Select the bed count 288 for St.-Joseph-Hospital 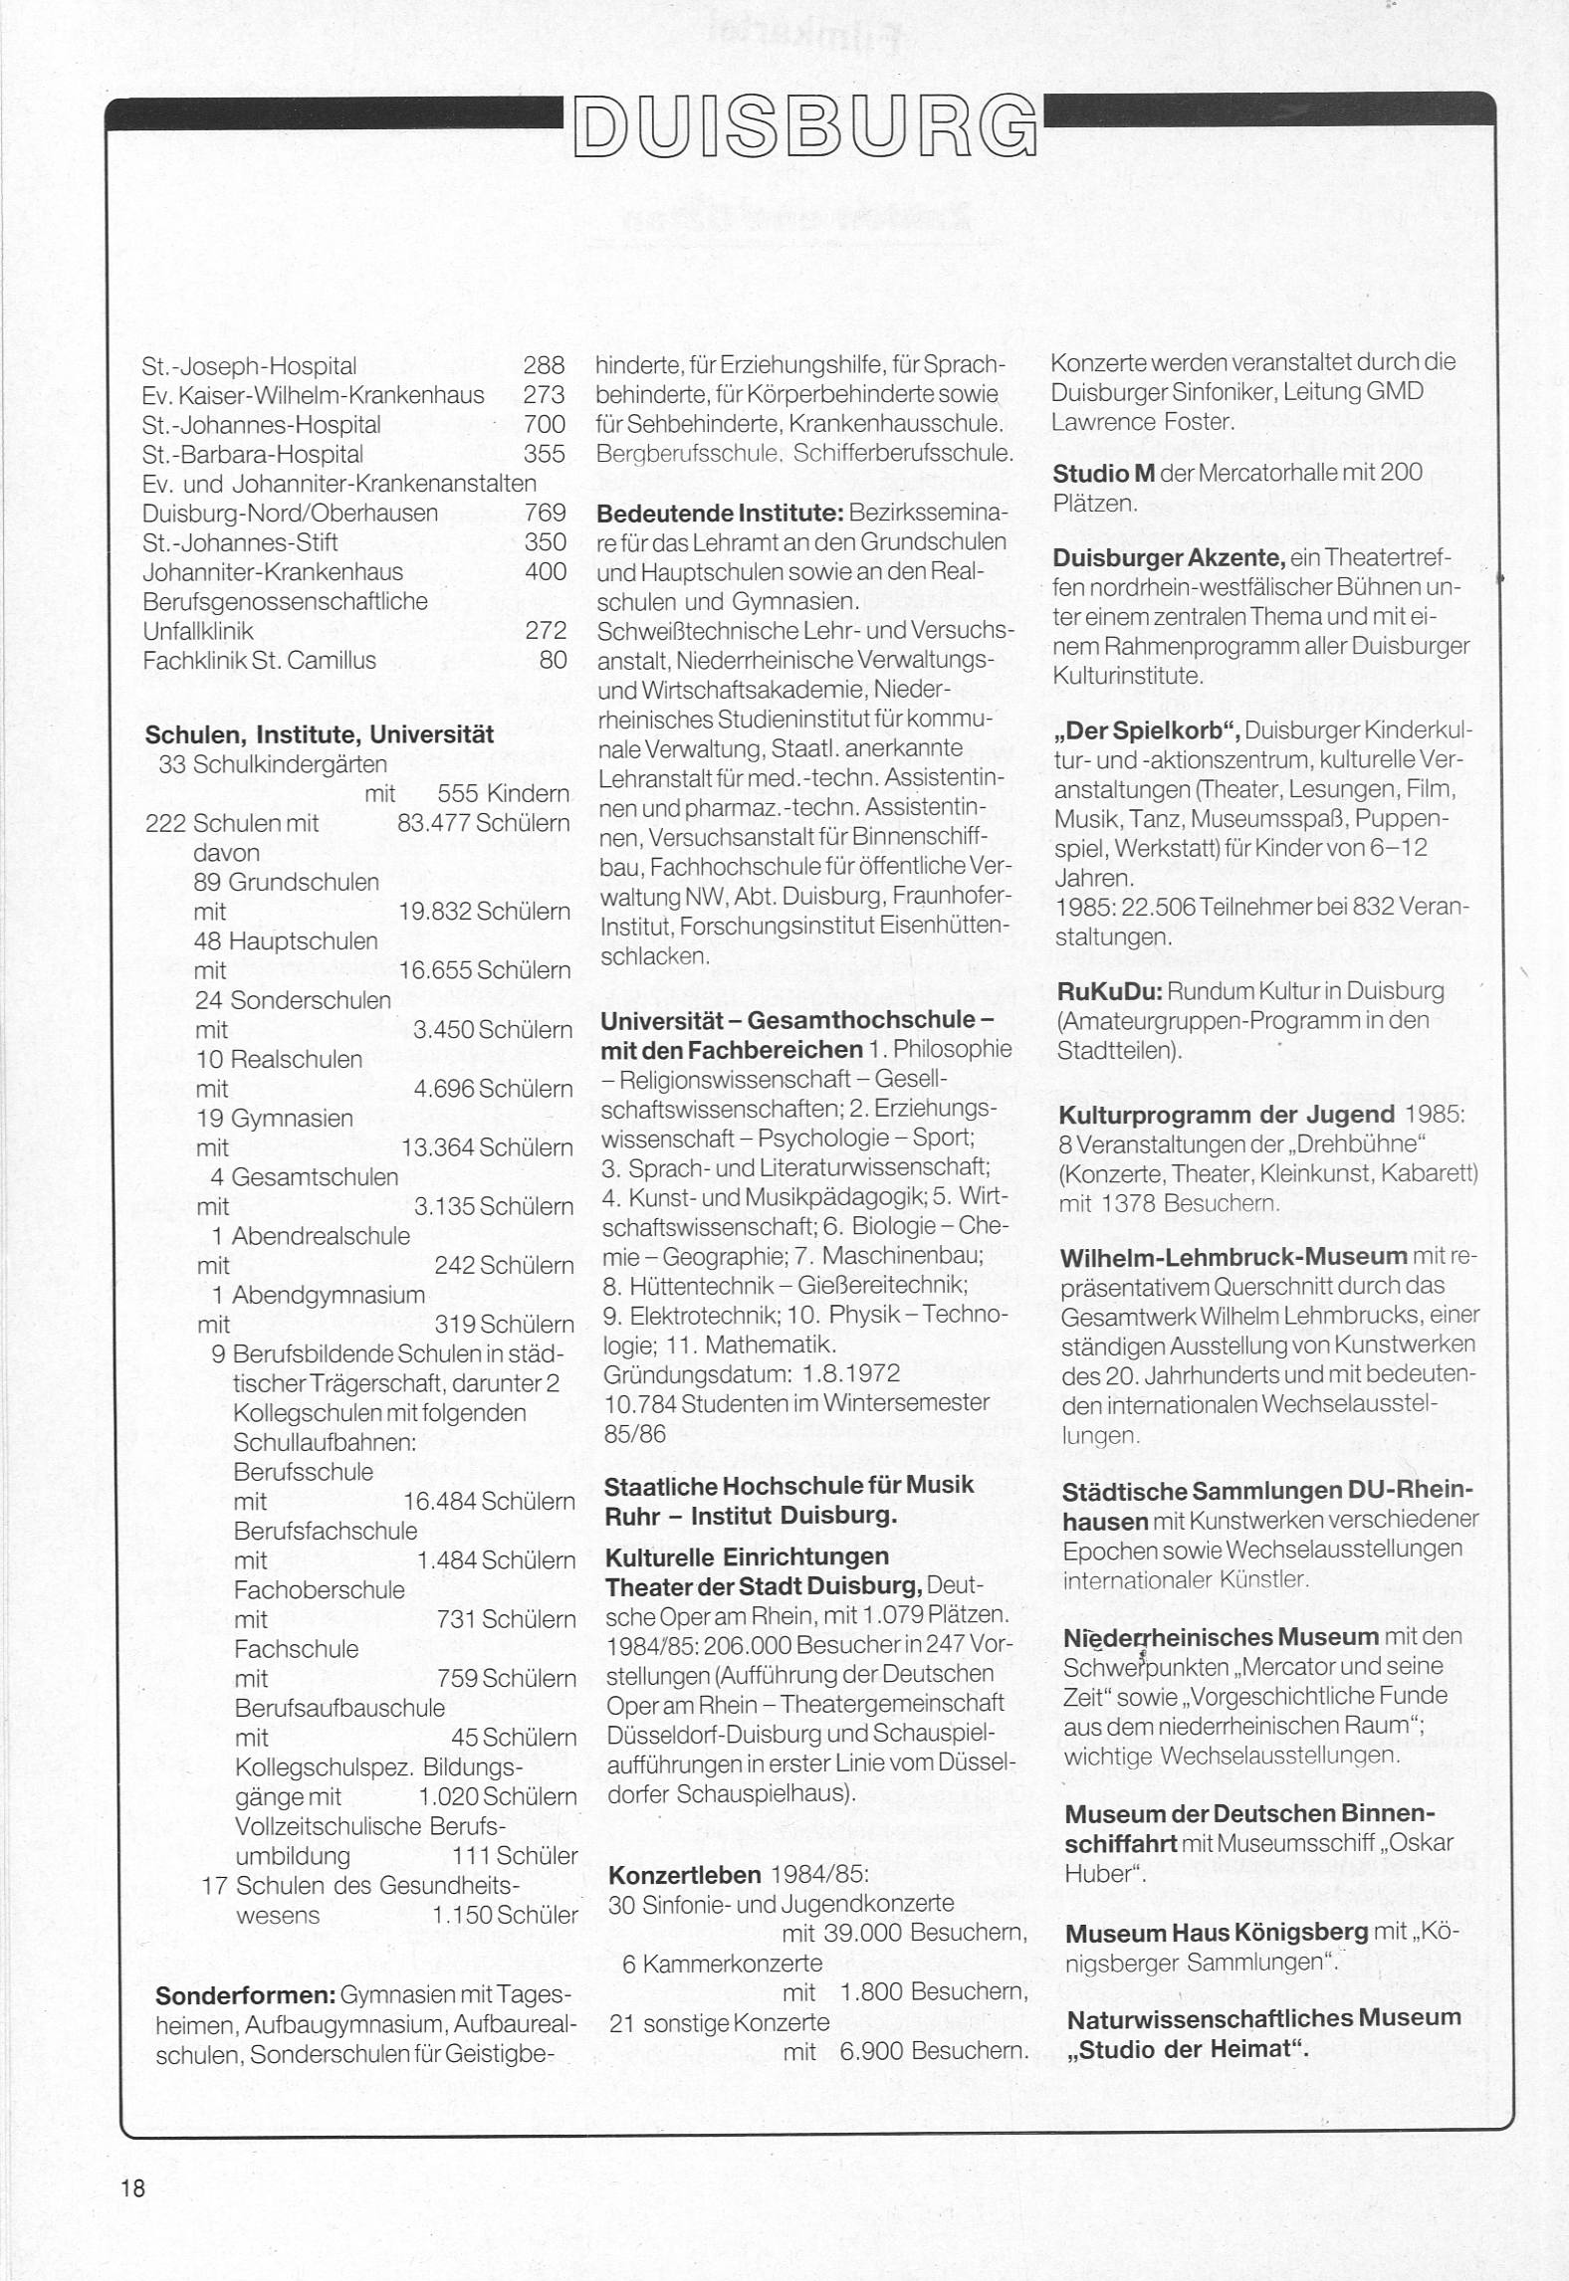544,365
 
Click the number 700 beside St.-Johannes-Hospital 544,425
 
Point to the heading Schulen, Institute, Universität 320,735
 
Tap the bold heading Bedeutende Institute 719,514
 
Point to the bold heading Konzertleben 684,1875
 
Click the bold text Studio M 1103,474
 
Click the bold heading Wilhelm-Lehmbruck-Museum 1233,1257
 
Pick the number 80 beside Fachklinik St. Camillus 553,660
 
